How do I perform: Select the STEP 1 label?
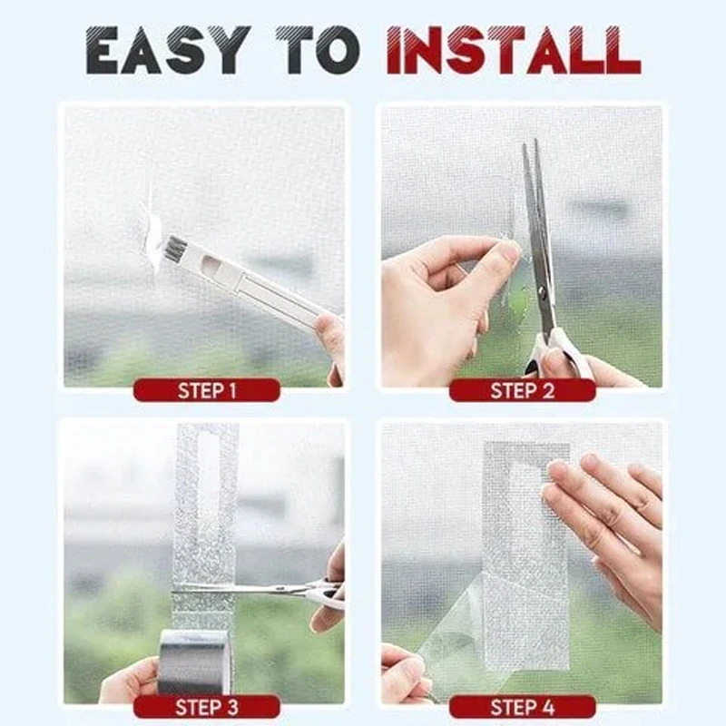tap(206, 391)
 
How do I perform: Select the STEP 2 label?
tap(522, 391)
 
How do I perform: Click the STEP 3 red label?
tap(206, 707)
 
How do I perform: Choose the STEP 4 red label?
tap(522, 707)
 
